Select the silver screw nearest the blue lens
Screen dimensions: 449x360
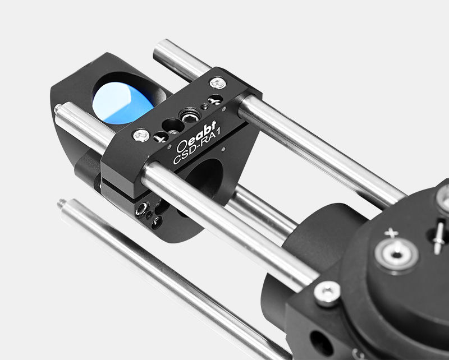pyautogui.click(x=141, y=135)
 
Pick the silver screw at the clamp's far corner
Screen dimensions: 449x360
pyautogui.click(x=218, y=83)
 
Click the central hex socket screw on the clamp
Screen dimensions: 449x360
pyautogui.click(x=190, y=116)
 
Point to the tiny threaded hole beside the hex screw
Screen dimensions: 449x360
pyautogui.click(x=204, y=107)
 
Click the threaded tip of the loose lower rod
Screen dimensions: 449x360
pyautogui.click(x=61, y=203)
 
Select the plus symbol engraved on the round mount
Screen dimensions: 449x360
pyautogui.click(x=391, y=233)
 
